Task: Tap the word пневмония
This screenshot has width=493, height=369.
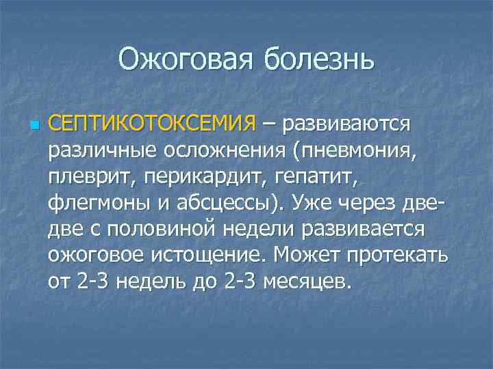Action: [x=355, y=151]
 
